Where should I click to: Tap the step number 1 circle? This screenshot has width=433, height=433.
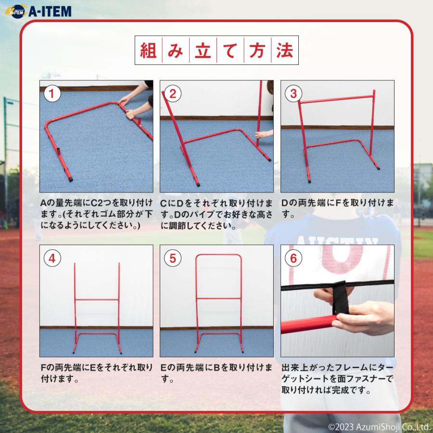click(x=52, y=93)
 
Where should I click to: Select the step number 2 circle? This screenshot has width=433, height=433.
click(x=172, y=93)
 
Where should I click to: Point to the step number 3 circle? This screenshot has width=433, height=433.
click(x=293, y=93)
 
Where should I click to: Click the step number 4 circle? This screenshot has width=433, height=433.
click(x=52, y=258)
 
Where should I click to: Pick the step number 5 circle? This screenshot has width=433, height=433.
click(x=172, y=258)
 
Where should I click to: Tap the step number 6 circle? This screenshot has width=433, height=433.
click(x=293, y=258)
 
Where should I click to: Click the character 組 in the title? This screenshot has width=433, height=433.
click(x=147, y=51)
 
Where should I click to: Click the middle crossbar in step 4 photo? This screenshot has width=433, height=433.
click(x=97, y=300)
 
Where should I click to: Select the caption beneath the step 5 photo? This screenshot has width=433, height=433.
click(x=216, y=373)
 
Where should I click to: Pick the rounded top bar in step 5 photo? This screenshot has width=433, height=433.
click(x=217, y=255)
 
